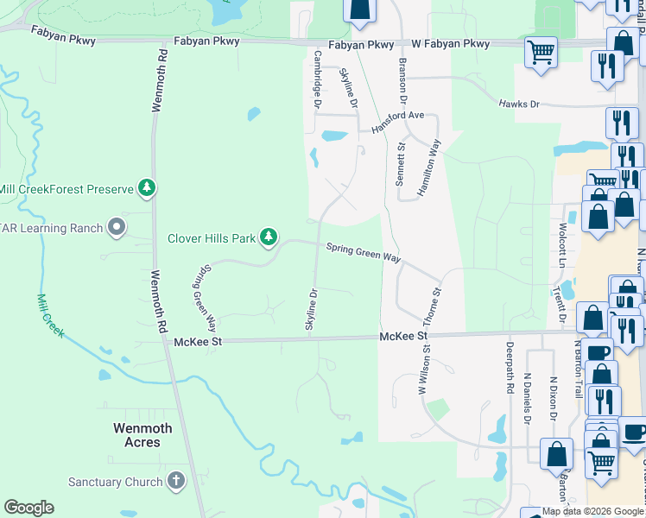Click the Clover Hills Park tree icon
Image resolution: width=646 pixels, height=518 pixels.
[269, 236]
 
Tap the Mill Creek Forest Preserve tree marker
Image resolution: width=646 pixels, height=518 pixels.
[147, 188]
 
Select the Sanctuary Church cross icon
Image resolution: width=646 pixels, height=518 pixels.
[176, 481]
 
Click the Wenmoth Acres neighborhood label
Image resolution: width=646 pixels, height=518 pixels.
[142, 435]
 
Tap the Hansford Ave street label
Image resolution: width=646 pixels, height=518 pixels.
[398, 120]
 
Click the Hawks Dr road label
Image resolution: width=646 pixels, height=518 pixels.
[518, 104]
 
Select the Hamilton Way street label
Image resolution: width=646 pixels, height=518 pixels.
[429, 168]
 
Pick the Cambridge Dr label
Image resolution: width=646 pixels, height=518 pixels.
[318, 79]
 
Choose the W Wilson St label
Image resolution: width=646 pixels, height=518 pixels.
[424, 372]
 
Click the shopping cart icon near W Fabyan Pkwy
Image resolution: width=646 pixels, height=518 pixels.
[541, 52]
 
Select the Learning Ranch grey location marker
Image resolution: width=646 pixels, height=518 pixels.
[117, 228]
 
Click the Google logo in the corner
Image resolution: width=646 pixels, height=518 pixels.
[28, 508]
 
